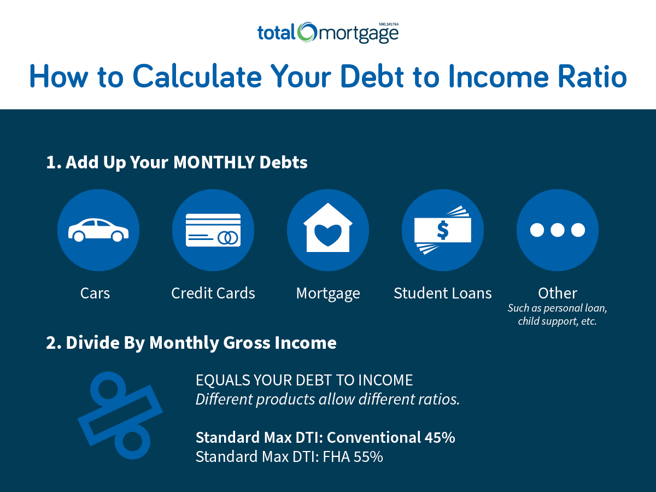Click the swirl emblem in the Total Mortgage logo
[x=307, y=32]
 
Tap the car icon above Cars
[x=98, y=230]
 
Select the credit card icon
[x=213, y=230]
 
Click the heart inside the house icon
[x=328, y=235]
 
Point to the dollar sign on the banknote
[x=443, y=230]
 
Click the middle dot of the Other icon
[x=558, y=230]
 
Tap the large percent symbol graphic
[x=120, y=415]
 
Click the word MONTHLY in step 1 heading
[x=214, y=162]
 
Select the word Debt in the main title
[x=372, y=77]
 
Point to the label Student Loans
[x=443, y=293]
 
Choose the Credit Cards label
[x=213, y=293]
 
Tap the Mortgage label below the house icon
[x=328, y=294]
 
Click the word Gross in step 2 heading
[x=247, y=342]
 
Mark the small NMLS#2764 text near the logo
[x=389, y=24]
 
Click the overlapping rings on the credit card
[x=228, y=238]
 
